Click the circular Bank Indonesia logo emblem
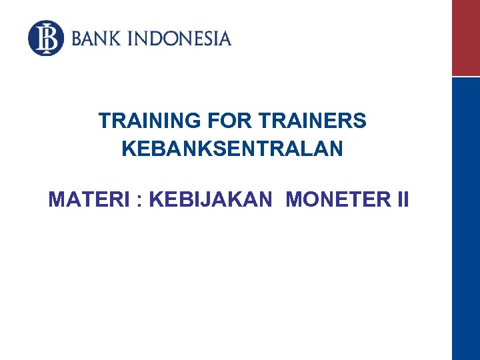point(46,38)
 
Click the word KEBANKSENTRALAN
point(232,149)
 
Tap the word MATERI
point(90,199)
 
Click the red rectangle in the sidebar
point(465,38)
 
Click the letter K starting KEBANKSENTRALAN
point(128,149)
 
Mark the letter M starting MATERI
point(56,199)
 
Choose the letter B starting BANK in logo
point(77,38)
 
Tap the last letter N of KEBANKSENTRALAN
point(337,149)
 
